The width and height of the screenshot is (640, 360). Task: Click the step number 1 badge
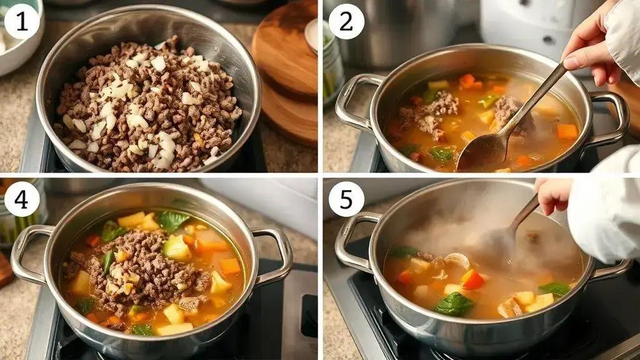(22, 21)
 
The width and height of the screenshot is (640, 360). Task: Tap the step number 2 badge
(346, 21)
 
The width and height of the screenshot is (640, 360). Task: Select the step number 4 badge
(22, 199)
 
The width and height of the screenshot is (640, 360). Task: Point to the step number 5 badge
(346, 199)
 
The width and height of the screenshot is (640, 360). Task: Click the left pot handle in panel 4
(29, 253)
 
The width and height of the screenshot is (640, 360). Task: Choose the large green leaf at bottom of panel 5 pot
(454, 304)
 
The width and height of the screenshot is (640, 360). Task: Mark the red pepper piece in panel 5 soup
(472, 279)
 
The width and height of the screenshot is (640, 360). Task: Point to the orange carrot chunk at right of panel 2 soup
(567, 131)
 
